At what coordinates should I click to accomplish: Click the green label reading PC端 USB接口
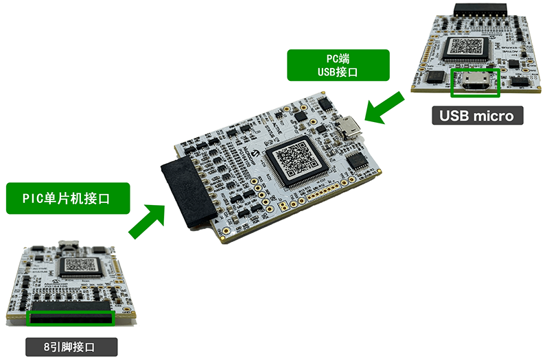[339, 65]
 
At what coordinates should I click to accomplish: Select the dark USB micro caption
[478, 116]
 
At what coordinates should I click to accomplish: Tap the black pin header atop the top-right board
[480, 8]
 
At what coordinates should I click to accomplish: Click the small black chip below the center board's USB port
[358, 162]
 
